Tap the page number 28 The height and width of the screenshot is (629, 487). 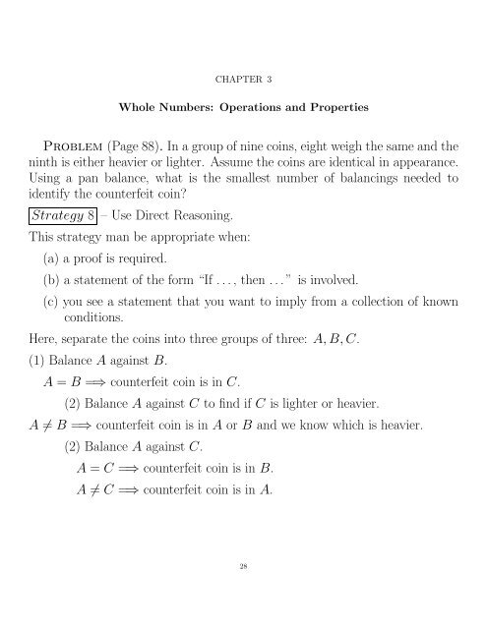click(x=243, y=594)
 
